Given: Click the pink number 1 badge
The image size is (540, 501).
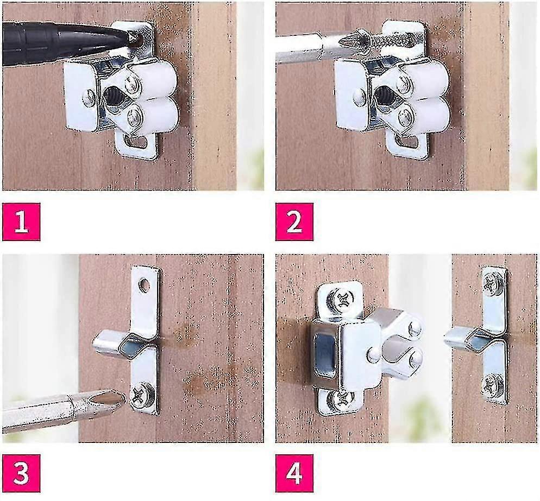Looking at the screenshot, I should coord(21,221).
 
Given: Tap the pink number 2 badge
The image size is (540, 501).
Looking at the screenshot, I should coord(294,221).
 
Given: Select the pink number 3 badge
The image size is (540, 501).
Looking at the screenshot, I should coord(21,473).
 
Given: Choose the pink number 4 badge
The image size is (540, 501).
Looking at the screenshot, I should coord(294,473).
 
